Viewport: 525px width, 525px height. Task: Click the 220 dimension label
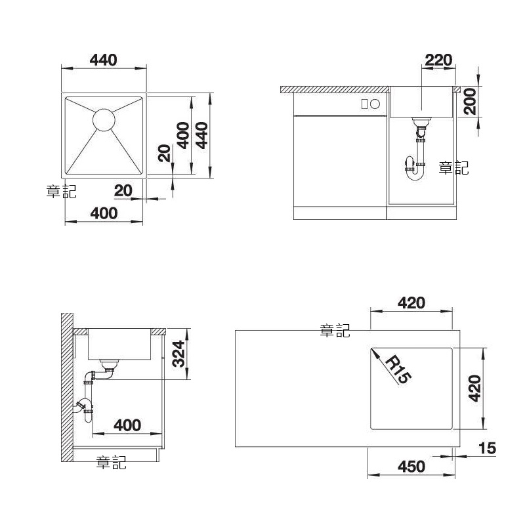438,60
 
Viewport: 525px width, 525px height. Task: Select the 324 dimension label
178,354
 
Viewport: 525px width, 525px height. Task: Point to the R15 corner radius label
398,370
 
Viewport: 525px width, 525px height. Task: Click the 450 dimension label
411,467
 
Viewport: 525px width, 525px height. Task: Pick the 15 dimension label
487,448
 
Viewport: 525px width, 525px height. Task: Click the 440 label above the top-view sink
104,60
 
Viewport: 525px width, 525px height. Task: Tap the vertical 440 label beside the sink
202,135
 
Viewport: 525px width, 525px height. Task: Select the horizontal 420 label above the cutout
411,303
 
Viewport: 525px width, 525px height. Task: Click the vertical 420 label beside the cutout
474,388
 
